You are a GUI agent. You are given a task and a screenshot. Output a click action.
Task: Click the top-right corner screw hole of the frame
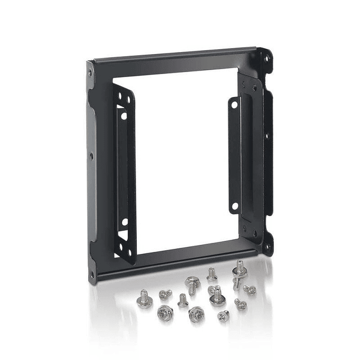coord(266,58)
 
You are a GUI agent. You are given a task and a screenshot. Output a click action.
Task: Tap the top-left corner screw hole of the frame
coord(90,72)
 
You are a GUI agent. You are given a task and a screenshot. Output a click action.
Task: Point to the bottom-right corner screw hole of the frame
coord(266,246)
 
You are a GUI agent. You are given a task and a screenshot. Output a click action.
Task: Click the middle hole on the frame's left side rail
coord(91,156)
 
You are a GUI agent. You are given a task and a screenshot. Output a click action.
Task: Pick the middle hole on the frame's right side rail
coord(267,135)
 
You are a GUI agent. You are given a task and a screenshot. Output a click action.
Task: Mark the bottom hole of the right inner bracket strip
coord(234,206)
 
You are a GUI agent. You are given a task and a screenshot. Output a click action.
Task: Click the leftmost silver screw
coord(144,299)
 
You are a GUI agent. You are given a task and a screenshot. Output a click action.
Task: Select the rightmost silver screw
coord(249,289)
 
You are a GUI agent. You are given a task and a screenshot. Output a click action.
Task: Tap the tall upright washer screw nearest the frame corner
coord(238,273)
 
